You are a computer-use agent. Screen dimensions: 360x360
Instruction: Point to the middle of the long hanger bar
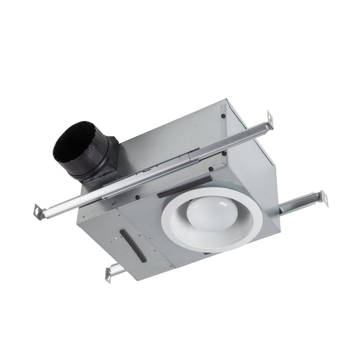tap(154, 165)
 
